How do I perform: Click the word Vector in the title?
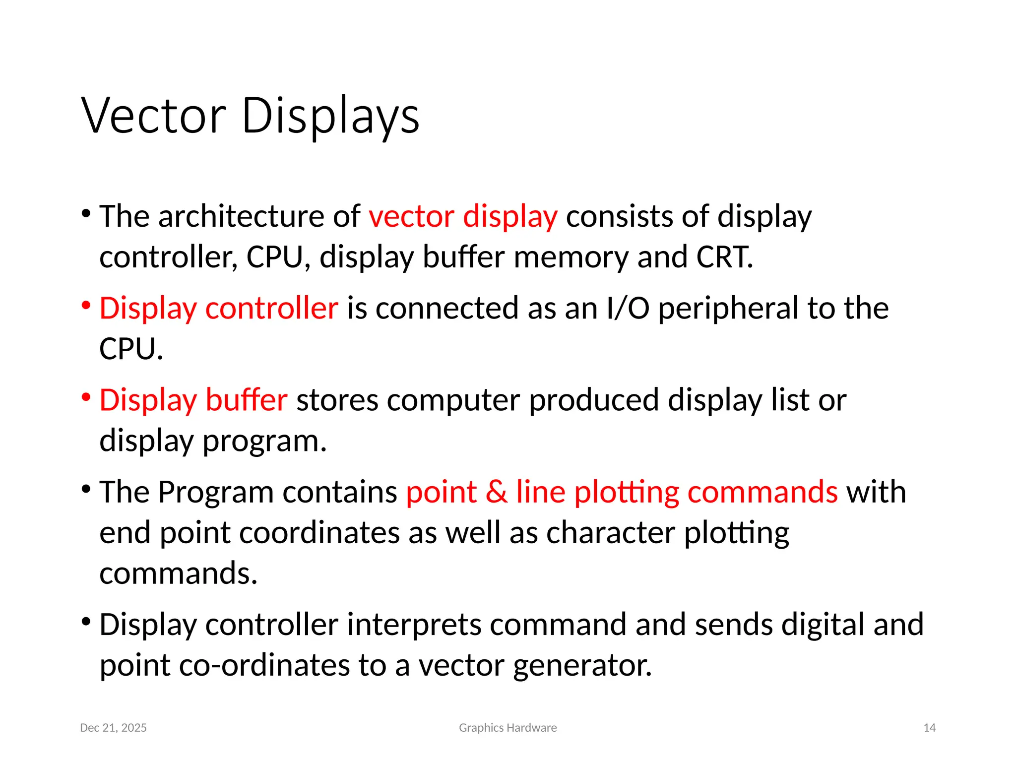coord(154,116)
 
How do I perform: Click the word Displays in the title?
coord(330,116)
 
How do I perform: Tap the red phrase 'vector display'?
coord(463,217)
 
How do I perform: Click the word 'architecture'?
coord(241,217)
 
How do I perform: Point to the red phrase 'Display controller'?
coord(219,308)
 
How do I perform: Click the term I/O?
coord(628,308)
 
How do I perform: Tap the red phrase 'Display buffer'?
coord(193,400)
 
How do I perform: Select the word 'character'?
coord(611,533)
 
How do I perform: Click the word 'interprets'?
coord(414,624)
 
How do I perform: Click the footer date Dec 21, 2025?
coord(113,728)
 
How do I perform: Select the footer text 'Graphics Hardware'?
coord(508,728)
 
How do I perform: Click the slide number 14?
coord(929,728)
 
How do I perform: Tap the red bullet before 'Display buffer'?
coord(86,397)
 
